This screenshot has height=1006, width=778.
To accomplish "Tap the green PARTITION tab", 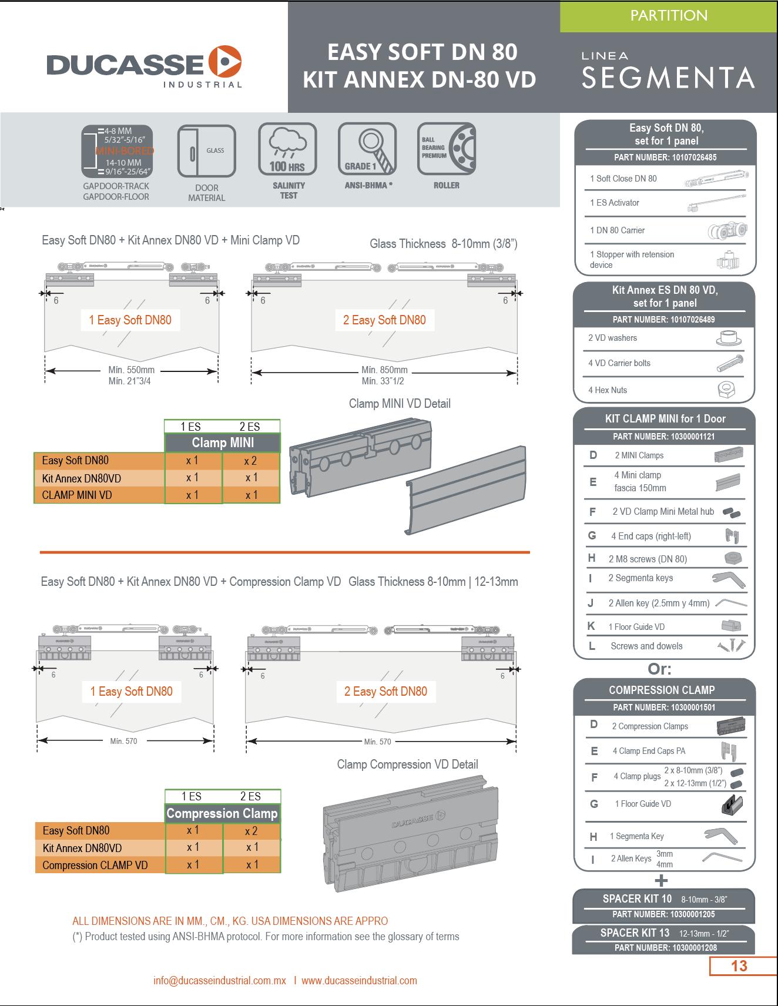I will pos(668,16).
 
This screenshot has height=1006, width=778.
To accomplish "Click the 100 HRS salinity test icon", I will pos(287,149).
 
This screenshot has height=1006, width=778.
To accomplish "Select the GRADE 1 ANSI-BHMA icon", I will pos(367,149).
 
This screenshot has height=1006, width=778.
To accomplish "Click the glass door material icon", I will pos(206,152).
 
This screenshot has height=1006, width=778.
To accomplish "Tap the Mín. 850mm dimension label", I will pos(384,370).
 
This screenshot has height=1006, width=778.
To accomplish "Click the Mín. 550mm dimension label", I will pos(132,370).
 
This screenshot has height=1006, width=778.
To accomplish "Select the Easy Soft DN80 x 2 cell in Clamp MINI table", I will pos(251,461).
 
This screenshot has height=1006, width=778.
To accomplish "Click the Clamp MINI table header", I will pos(223,442).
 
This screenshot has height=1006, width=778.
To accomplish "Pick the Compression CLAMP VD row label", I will pos(95,865).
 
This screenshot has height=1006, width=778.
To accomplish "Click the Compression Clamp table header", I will pos(222,813).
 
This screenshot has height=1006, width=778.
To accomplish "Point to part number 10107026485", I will pos(664,157).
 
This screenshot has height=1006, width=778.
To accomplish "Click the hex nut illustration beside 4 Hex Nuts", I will pos(727,390).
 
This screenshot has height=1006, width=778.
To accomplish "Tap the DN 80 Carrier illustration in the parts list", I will pos(727,230).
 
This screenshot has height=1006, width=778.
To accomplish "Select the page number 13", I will pos(739,966).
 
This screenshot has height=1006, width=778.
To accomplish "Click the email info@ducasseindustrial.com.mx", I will pos(220,981).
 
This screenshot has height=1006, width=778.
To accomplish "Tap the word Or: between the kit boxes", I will pos(659,669).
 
